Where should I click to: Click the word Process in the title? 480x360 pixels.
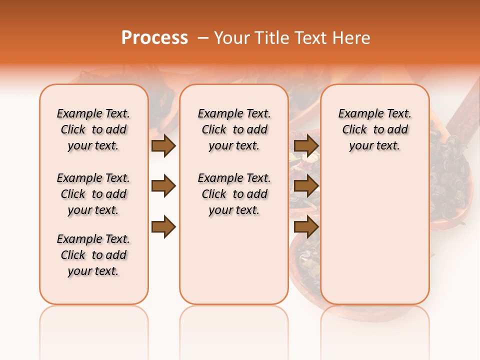154,38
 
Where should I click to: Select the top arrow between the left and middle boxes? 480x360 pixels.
163,145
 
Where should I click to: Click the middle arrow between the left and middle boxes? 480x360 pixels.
163,186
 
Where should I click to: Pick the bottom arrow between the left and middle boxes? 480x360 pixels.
163,227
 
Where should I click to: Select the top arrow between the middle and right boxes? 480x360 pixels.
306,145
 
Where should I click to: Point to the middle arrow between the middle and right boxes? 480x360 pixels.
306,186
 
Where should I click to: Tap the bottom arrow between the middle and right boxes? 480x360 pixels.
306,227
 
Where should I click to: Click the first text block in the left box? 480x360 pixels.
93,129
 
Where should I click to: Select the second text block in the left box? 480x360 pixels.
93,194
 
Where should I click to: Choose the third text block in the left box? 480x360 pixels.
93,255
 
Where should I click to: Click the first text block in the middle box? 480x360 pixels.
234,129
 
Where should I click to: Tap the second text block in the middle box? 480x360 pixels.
234,194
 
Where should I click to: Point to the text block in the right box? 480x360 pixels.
374,129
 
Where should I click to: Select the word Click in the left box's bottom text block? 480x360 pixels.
73,255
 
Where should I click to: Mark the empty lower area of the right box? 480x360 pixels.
374,235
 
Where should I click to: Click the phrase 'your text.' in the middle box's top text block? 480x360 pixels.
234,146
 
